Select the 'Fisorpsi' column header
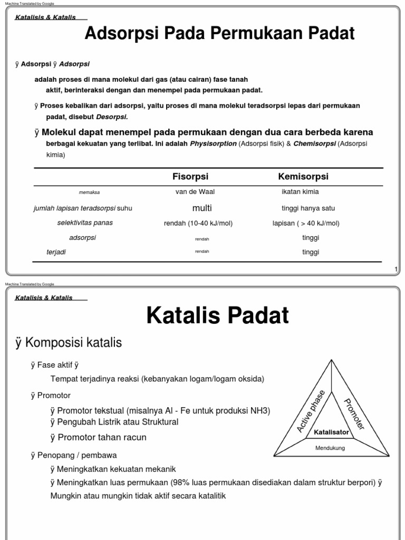pos(187,177)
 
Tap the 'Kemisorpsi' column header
pos(303,177)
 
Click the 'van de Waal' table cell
pos(195,192)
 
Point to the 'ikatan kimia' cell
pos(300,192)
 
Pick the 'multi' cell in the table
pos(202,208)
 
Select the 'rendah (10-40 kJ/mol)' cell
pos(198,223)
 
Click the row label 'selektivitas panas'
pos(85,223)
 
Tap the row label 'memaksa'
pos(89,192)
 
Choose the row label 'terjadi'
pos(56,252)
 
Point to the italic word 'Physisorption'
pos(214,143)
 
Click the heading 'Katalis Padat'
pos(217,315)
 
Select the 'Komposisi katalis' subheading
pos(69,343)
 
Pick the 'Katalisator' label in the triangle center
pos(331,432)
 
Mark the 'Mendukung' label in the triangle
pos(330,448)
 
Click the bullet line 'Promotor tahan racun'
pos(99,437)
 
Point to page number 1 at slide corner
pos(396,270)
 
